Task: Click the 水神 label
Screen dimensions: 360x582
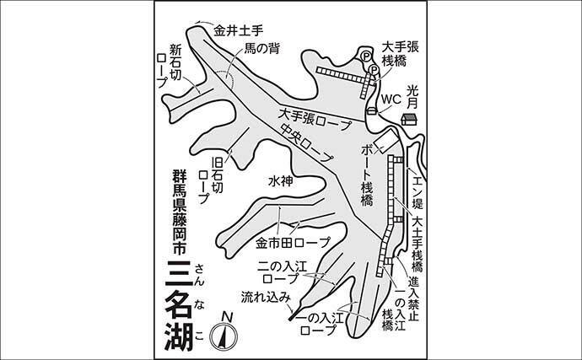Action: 281,180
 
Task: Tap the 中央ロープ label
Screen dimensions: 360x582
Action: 307,142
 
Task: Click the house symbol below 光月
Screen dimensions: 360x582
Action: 409,119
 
